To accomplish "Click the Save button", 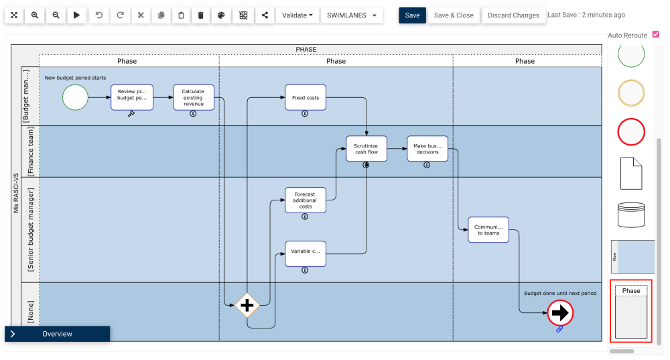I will pyautogui.click(x=412, y=15).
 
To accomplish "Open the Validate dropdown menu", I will pyautogui.click(x=297, y=15).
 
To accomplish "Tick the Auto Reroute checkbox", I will pyautogui.click(x=655, y=34).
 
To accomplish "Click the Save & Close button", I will pyautogui.click(x=454, y=15).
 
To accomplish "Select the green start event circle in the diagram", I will pyautogui.click(x=75, y=97).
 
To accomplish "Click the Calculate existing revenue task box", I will pyautogui.click(x=193, y=97).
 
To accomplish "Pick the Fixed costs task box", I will pyautogui.click(x=306, y=97).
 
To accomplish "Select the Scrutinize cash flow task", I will pyautogui.click(x=366, y=148).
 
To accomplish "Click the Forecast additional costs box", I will pyautogui.click(x=306, y=200).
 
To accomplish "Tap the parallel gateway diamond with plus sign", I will pyautogui.click(x=247, y=305).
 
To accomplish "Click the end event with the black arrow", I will pyautogui.click(x=559, y=312).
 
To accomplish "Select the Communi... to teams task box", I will pyautogui.click(x=488, y=229).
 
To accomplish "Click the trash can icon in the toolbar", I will pyautogui.click(x=201, y=15).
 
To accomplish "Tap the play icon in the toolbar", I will pyautogui.click(x=76, y=15).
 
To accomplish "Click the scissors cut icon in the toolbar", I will pyautogui.click(x=140, y=15).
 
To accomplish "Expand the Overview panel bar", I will pyautogui.click(x=57, y=334).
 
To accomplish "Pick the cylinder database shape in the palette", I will pyautogui.click(x=630, y=215).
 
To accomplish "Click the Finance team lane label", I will pyautogui.click(x=31, y=152).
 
